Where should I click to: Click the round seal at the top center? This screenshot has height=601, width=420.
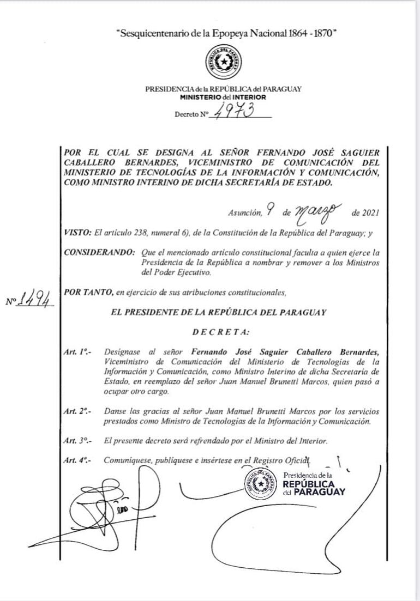tap(224, 63)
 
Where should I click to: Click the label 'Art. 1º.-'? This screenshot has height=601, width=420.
tap(77, 353)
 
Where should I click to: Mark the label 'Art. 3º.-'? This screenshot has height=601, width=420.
tap(77, 440)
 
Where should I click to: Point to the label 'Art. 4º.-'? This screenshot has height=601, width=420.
tap(77, 460)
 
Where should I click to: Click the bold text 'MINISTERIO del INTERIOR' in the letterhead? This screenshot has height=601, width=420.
tap(224, 97)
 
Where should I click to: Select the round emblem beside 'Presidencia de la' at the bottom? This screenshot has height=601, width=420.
tap(262, 483)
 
